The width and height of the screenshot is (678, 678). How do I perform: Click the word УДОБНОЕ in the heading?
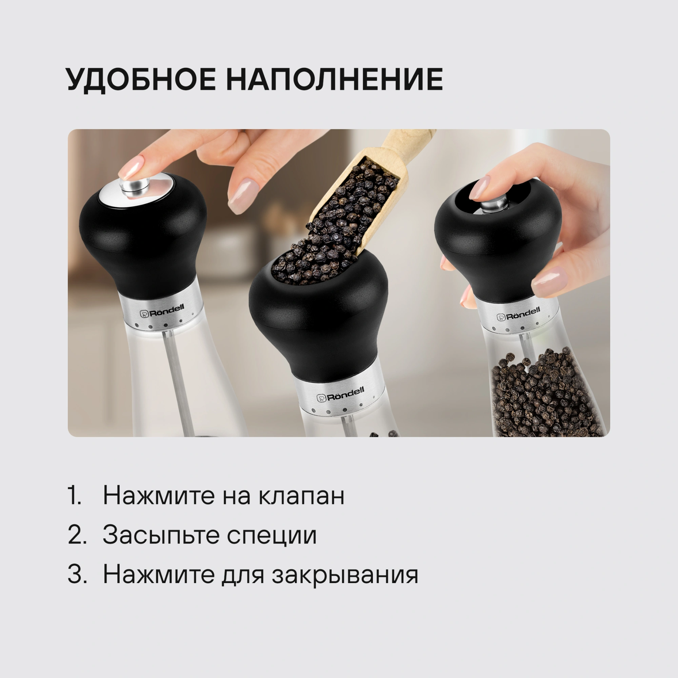(x=141, y=80)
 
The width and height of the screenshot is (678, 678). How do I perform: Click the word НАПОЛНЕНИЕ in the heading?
(x=334, y=79)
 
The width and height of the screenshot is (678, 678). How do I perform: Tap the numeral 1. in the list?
(x=74, y=495)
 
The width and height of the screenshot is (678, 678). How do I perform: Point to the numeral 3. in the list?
(x=77, y=574)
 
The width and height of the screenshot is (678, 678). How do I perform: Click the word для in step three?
(x=242, y=576)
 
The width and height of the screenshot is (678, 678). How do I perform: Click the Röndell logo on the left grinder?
(x=162, y=311)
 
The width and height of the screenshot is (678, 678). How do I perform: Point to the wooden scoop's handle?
(x=409, y=138)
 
